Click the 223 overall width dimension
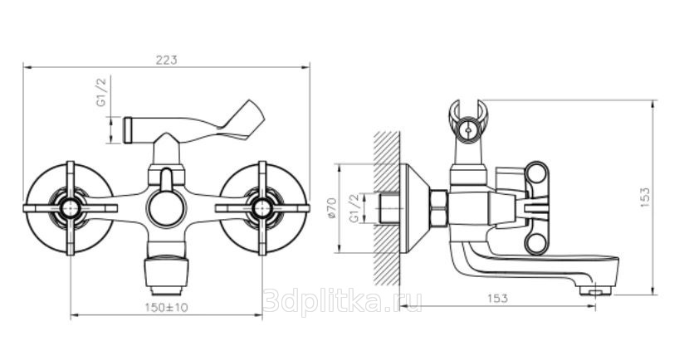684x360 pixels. pyautogui.click(x=167, y=61)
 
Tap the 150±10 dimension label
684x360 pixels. pyautogui.click(x=166, y=307)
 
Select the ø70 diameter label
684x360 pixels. pyautogui.click(x=332, y=209)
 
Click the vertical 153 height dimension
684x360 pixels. pyautogui.click(x=645, y=197)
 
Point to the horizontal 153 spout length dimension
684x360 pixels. pyautogui.click(x=498, y=298)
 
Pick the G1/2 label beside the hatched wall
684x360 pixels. pyautogui.click(x=355, y=208)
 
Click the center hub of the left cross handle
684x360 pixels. pyautogui.click(x=70, y=208)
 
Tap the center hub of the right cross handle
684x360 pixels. pyautogui.click(x=262, y=208)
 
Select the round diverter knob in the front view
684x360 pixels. pyautogui.click(x=166, y=208)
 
